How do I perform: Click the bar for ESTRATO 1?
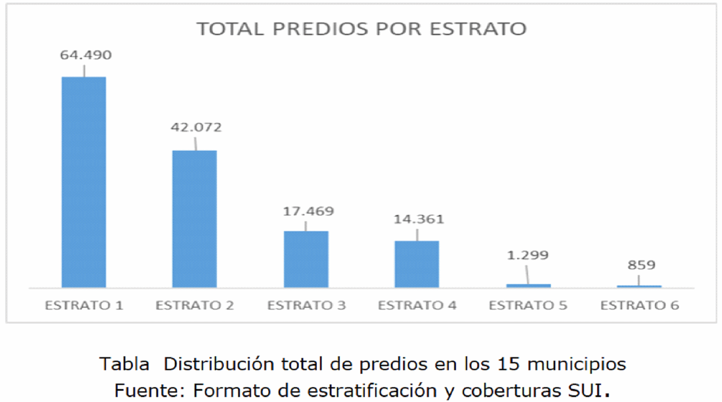84,182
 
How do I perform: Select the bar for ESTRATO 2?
195,218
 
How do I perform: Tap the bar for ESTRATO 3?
306,259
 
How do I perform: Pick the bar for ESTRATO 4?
417,264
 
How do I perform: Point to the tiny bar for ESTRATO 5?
528,285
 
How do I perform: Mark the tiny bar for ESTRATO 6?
639,286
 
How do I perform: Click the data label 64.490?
86,55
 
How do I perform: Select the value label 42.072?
196,127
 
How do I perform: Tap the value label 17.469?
308,211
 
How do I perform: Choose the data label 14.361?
419,219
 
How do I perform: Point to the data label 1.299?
527,255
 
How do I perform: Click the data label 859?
641,265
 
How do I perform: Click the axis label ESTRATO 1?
84,306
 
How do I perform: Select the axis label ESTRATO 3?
306,306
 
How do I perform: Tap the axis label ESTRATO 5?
528,306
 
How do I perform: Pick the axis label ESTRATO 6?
639,306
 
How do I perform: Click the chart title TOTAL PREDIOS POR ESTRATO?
362,29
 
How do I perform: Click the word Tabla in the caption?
124,364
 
